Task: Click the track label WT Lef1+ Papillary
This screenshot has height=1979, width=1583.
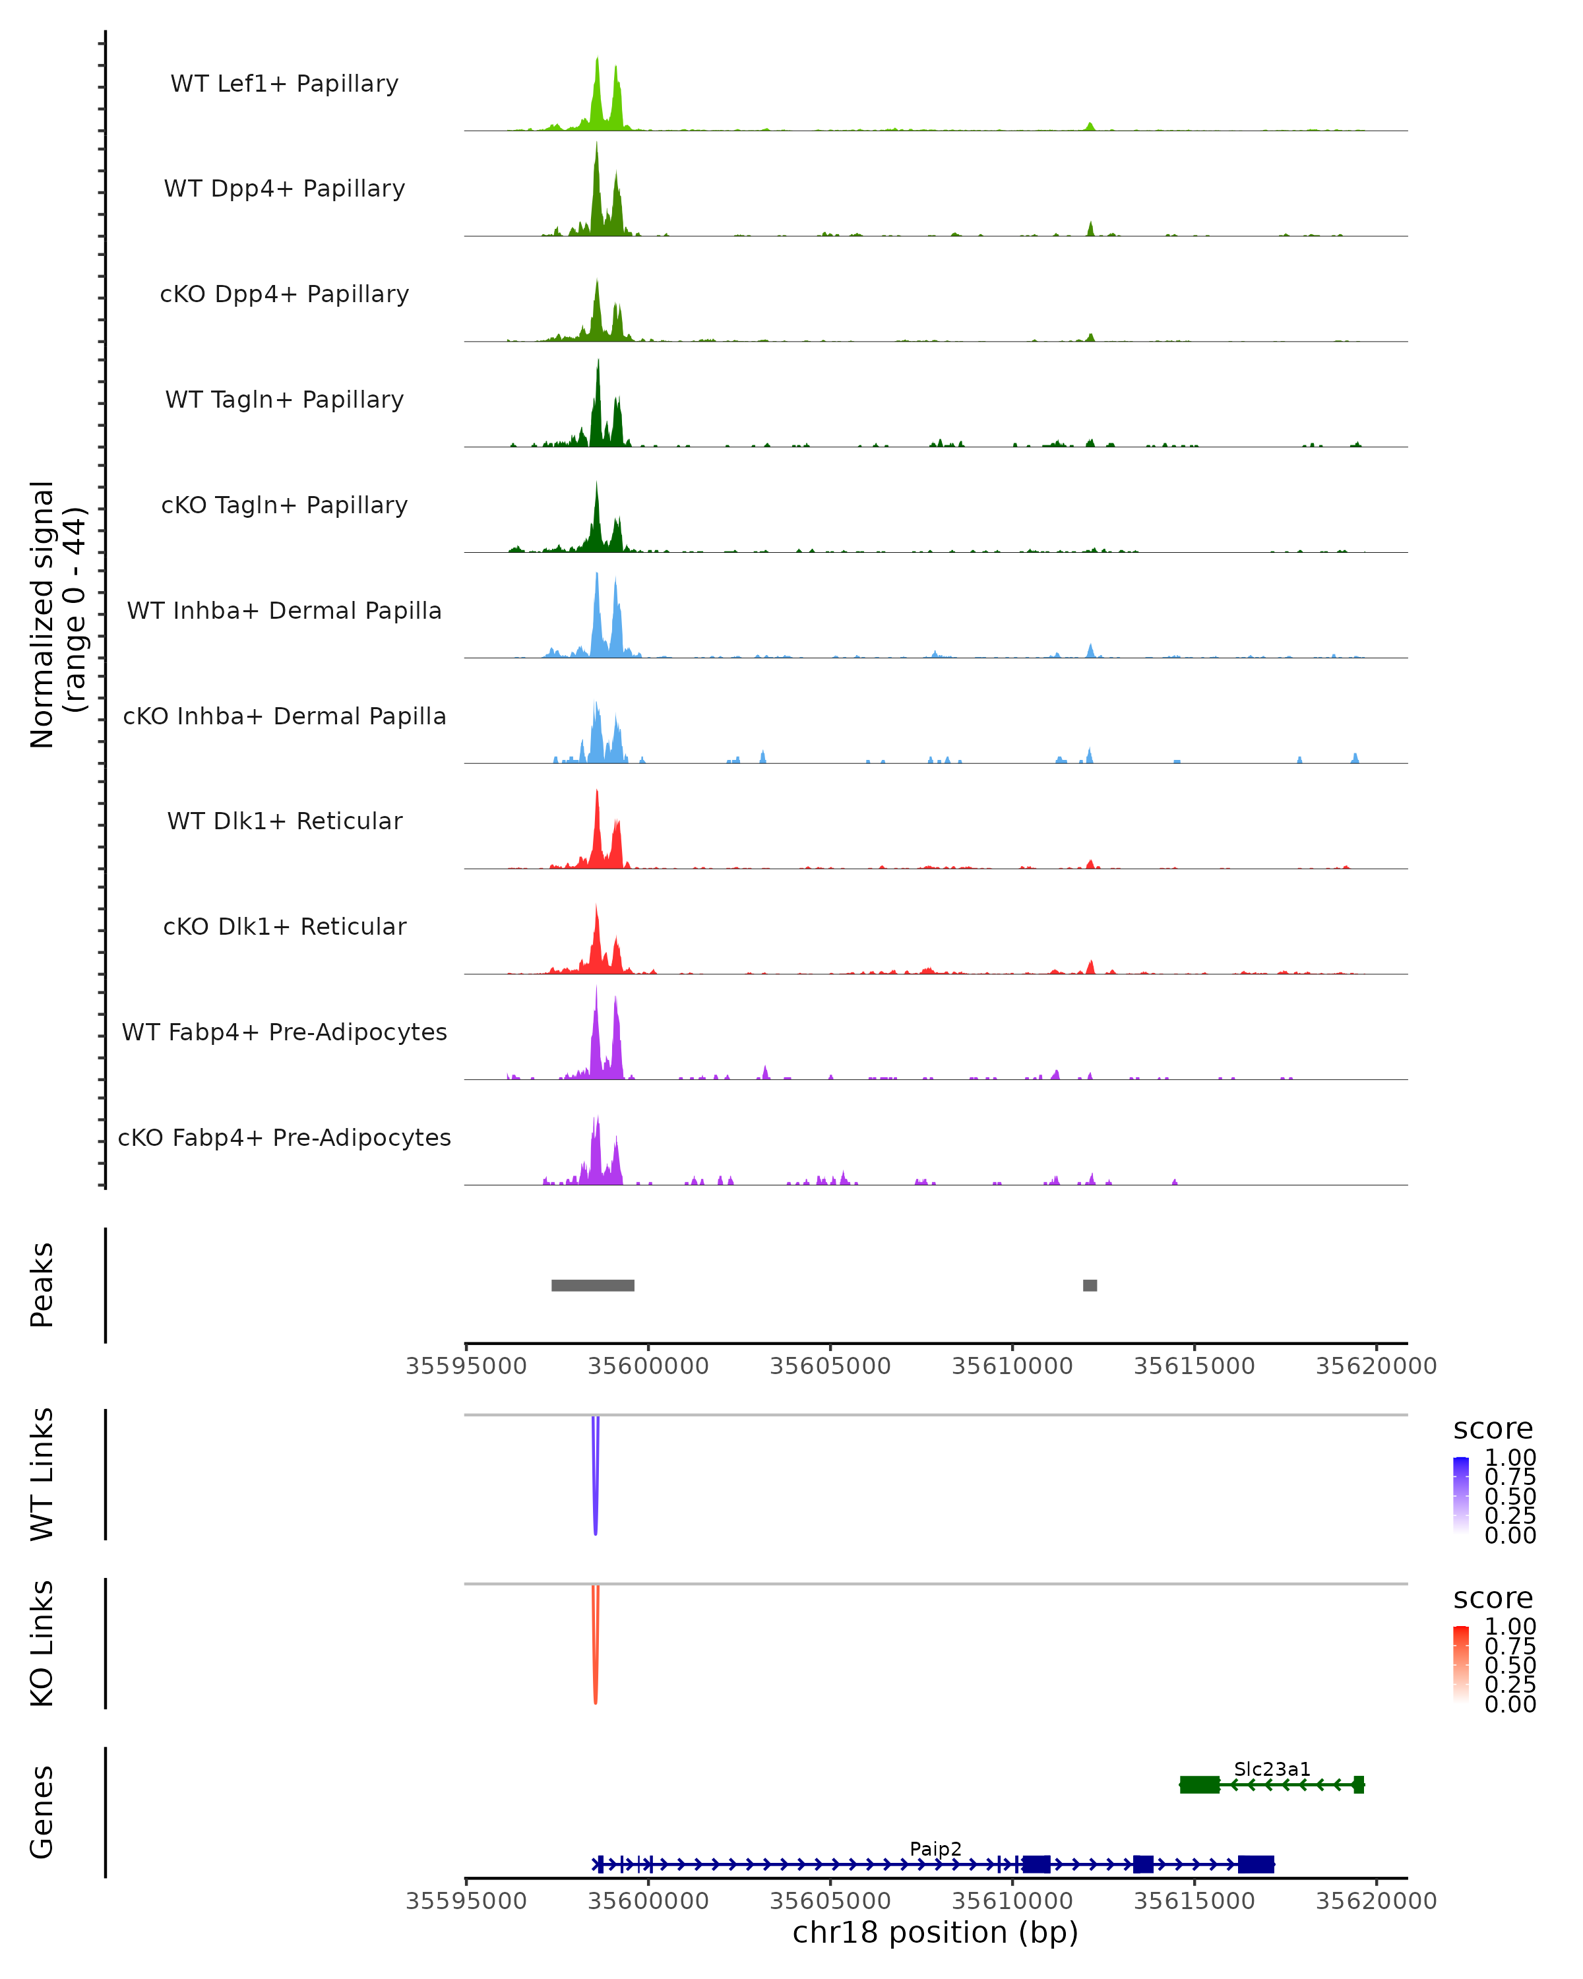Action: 284,84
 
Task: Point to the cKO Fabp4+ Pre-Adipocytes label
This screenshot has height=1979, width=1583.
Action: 284,1137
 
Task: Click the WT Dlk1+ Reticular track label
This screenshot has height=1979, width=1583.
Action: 284,821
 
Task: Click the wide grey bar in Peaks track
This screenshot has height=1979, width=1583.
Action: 593,1285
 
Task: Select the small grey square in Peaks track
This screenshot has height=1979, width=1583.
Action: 1090,1285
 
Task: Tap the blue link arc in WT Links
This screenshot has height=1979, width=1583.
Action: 596,1478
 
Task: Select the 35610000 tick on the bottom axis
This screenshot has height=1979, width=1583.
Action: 1012,1901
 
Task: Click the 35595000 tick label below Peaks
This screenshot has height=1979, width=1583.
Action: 466,1366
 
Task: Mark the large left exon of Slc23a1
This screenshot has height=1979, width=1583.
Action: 1199,1784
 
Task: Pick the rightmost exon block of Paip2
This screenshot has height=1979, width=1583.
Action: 1255,1864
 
